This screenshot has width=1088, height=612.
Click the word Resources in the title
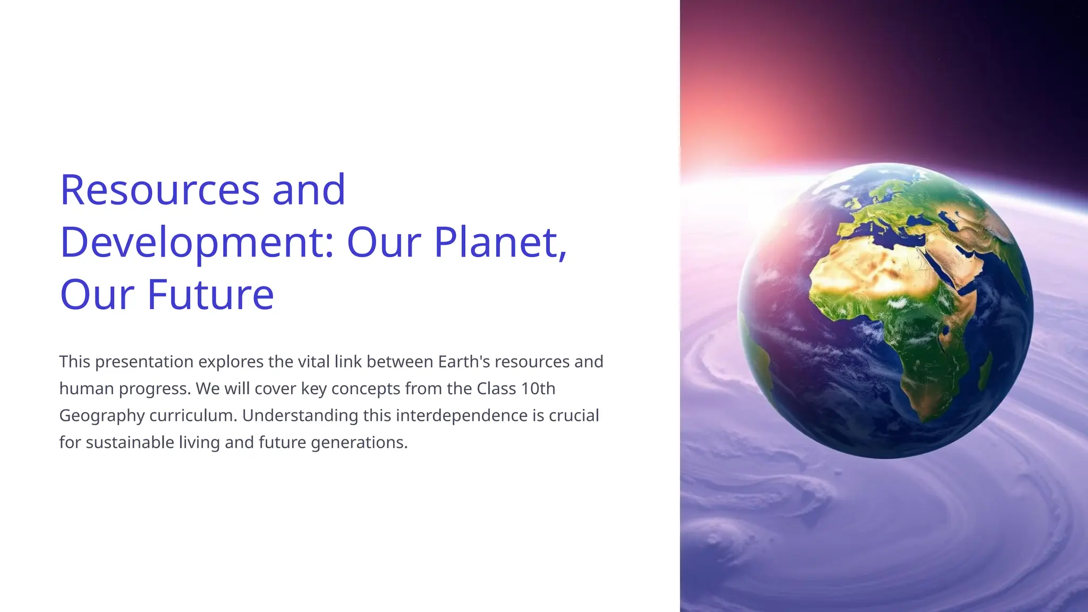[x=160, y=190]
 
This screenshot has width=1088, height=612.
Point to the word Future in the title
[x=210, y=295]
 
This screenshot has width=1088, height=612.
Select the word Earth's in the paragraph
[x=464, y=362]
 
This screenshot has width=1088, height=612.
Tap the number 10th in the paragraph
[x=538, y=389]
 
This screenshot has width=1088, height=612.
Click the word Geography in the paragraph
[x=101, y=415]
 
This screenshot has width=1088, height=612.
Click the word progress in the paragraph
[x=154, y=389]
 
